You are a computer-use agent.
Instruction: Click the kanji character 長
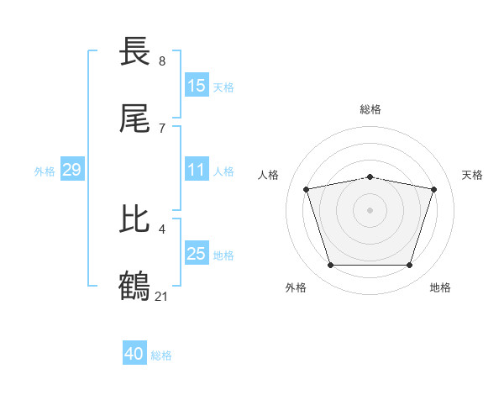point(135,52)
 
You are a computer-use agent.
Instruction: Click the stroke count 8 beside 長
point(162,61)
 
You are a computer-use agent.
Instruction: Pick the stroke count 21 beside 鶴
point(162,296)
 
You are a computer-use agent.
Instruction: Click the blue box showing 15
point(197,86)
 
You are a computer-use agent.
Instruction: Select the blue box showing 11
point(197,170)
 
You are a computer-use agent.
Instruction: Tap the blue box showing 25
point(197,254)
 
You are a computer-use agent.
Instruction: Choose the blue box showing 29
point(71,170)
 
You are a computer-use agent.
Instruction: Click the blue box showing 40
point(134,354)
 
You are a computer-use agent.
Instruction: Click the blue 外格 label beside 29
point(45,171)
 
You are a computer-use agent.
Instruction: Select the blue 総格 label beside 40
point(161,355)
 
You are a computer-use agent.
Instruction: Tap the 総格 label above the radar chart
point(370,109)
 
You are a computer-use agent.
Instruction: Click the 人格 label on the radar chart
point(269,175)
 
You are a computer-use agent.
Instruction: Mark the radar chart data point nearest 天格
point(434,189)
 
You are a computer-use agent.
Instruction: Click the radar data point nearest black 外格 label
point(330,266)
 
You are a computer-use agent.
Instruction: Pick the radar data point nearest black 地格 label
point(410,266)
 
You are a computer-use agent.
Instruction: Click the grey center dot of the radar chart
point(370,210)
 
